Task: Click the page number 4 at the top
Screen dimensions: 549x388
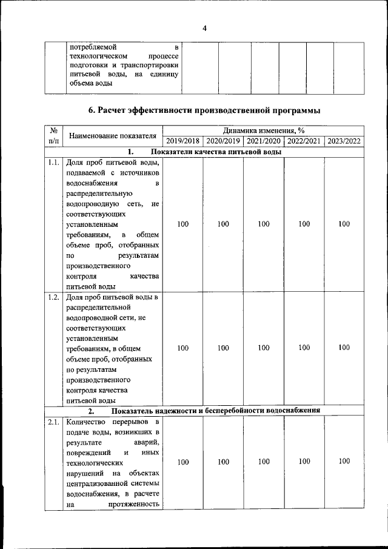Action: click(x=204, y=28)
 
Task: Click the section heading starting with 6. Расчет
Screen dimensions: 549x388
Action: click(x=204, y=110)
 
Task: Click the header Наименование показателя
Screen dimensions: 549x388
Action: click(x=113, y=135)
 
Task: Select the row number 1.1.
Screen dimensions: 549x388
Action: click(x=53, y=163)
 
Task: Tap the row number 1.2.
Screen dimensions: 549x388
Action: click(x=53, y=297)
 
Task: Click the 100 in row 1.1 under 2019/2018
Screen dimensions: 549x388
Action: click(x=182, y=224)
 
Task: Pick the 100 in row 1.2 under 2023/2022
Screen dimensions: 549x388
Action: click(x=344, y=348)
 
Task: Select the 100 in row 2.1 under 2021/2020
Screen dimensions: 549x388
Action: click(x=263, y=462)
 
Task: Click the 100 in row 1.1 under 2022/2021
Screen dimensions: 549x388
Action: click(x=304, y=224)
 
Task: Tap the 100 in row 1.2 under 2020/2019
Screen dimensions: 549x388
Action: click(x=223, y=348)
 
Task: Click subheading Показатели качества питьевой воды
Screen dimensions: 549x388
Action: click(x=216, y=152)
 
